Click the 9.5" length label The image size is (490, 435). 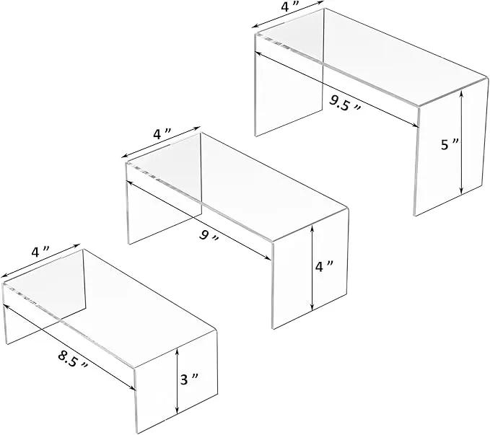click(345, 103)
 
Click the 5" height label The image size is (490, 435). click(450, 144)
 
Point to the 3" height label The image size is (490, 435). click(189, 379)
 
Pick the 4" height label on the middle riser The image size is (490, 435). click(324, 266)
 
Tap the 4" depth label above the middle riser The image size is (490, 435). click(162, 133)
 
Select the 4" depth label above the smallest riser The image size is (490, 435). click(40, 251)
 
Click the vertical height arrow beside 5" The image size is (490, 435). click(461, 141)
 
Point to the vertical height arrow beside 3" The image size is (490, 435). click(178, 381)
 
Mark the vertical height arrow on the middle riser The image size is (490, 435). click(312, 268)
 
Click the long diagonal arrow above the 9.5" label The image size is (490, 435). click(336, 89)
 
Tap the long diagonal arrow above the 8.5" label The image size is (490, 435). click(69, 348)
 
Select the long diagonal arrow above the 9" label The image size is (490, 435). click(198, 220)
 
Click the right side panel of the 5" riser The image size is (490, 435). click(451, 147)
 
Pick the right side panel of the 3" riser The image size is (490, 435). click(176, 381)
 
